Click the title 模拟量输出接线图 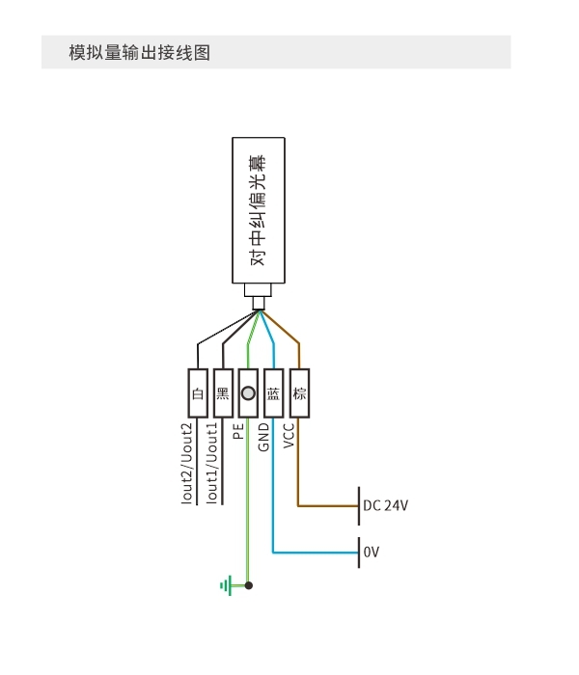140,52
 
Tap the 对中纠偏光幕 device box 259,210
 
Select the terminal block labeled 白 198,393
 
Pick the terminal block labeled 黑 223,393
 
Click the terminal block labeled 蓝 273,393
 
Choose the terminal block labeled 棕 299,393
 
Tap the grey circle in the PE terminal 248,393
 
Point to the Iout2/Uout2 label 186,463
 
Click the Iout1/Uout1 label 212,462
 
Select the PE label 238,431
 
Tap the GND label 263,437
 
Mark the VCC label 289,436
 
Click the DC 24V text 386,505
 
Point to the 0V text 372,552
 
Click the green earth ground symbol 227,585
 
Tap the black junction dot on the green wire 249,585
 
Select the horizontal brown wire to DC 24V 328,506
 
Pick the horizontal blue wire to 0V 316,553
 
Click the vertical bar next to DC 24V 359,506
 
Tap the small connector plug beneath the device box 258,297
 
